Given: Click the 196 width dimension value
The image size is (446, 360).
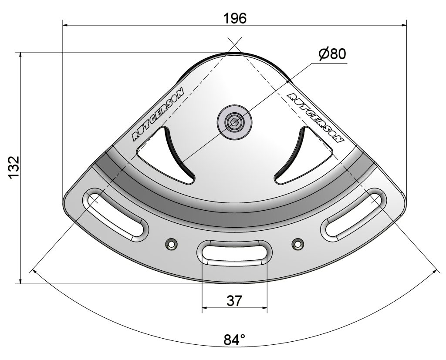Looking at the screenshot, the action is pyautogui.click(x=235, y=19).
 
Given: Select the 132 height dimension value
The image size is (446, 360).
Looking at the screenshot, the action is pyautogui.click(x=14, y=167).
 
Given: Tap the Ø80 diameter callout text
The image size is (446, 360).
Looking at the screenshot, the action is pyautogui.click(x=332, y=54).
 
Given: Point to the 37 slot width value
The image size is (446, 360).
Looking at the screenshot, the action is pyautogui.click(x=234, y=300).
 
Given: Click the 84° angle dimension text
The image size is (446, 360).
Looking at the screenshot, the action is pyautogui.click(x=234, y=340).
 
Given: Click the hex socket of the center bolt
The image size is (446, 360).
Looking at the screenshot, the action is pyautogui.click(x=235, y=123).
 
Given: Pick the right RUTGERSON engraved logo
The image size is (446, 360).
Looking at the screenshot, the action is pyautogui.click(x=316, y=117).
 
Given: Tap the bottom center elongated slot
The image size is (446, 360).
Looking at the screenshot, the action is pyautogui.click(x=235, y=252).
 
